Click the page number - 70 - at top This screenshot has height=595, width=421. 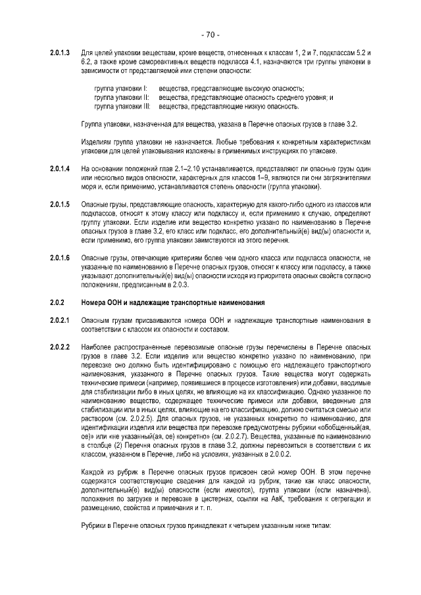tap(210, 34)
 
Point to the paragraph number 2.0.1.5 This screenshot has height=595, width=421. tap(60, 207)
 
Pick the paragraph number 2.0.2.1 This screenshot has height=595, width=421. tap(60, 320)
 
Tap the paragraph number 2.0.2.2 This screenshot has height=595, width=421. tap(60, 346)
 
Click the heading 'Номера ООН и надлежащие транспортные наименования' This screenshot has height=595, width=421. tap(173, 302)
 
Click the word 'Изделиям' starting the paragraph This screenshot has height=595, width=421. tap(94, 142)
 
